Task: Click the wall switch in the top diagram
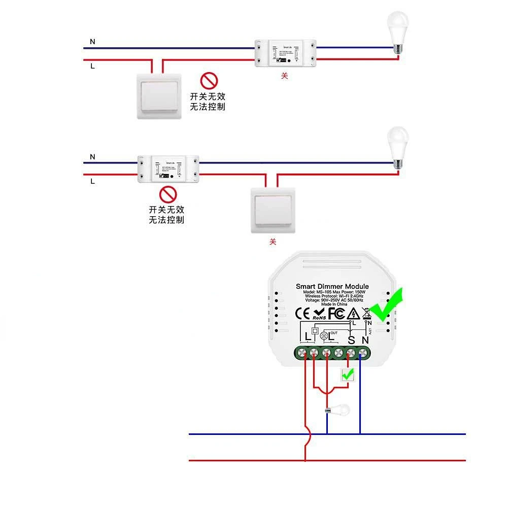tap(159, 95)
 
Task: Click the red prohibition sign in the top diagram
tap(208, 80)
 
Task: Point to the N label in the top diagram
tap(92, 42)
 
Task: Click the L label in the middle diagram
tap(92, 181)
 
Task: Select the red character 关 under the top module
tap(284, 76)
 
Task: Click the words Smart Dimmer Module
tap(332, 287)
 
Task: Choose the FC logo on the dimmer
tap(336, 313)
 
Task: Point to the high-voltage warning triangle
tap(353, 313)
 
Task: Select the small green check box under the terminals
tap(348, 375)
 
